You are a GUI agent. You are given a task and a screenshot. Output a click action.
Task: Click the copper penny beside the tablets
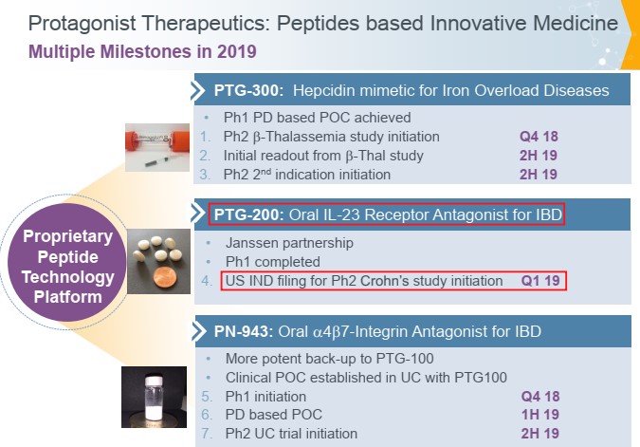165,279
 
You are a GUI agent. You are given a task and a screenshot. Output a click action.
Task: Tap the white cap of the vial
154,380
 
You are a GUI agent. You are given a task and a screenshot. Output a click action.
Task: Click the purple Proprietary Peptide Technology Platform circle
67,262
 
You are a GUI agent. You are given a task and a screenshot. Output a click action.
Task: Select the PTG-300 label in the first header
248,90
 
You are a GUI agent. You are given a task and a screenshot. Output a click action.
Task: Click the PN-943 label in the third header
244,331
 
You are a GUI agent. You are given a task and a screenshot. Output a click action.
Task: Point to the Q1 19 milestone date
540,281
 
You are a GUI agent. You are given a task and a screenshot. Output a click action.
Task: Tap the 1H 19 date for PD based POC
540,415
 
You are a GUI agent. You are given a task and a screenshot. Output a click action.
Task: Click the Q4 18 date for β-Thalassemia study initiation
539,137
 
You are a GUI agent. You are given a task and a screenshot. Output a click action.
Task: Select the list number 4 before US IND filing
207,281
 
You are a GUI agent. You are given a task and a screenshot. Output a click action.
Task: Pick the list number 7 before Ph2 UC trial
207,434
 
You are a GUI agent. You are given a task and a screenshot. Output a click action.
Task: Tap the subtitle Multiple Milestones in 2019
142,51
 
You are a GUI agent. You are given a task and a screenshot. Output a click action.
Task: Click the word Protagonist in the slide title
82,24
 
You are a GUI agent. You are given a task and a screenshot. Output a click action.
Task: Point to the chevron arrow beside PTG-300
198,91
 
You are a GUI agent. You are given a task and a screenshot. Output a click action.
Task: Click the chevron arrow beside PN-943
199,331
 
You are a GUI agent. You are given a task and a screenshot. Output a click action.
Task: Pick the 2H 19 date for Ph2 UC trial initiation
540,434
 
